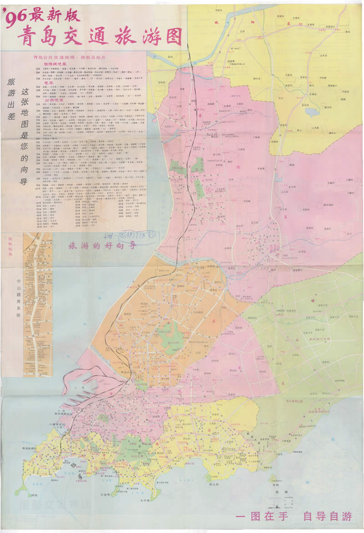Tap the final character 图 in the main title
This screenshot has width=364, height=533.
coord(173,36)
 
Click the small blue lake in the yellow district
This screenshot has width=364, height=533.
coord(312,112)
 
